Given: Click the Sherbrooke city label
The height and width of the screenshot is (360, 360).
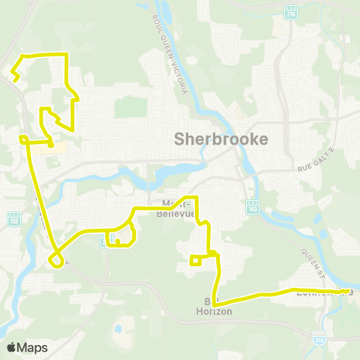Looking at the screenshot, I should [x=220, y=139].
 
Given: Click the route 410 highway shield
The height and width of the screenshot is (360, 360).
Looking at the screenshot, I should [x=319, y=337].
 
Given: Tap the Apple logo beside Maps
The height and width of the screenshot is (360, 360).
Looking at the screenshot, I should [x=12, y=347].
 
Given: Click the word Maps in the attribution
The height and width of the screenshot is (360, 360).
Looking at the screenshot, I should [x=33, y=347].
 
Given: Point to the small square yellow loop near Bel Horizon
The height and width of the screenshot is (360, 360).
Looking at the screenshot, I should [x=196, y=260].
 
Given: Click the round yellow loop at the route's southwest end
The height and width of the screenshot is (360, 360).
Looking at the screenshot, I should [x=55, y=259].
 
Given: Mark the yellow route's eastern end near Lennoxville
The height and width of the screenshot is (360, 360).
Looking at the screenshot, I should [x=347, y=291].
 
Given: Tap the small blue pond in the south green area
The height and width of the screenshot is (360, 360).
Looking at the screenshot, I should [x=118, y=328].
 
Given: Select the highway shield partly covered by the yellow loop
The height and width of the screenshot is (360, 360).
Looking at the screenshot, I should [x=104, y=239].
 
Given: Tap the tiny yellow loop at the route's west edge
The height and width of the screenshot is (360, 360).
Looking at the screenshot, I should [x=23, y=139].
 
